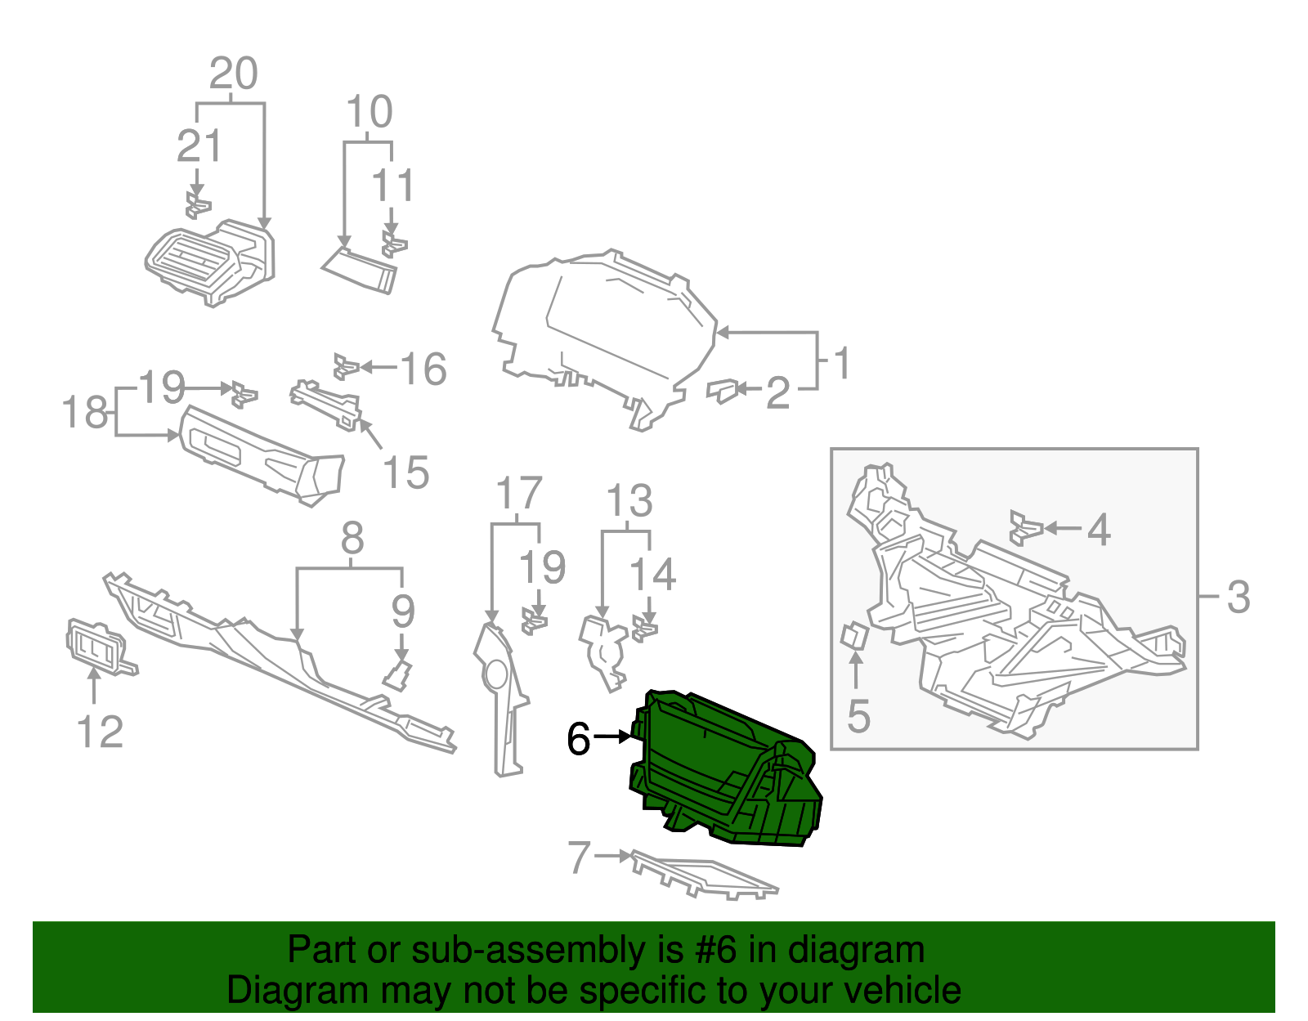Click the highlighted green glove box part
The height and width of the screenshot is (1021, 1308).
719,768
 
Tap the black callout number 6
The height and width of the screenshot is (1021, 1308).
578,740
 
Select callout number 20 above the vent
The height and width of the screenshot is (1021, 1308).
234,74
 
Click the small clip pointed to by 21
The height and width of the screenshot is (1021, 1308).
197,206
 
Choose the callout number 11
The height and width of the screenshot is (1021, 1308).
392,186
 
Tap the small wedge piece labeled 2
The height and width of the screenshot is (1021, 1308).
721,391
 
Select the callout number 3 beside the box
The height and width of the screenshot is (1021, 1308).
1238,598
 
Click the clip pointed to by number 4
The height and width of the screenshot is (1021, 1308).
1025,528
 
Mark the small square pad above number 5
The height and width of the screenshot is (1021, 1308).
854,636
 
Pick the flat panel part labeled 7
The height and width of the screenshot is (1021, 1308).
703,877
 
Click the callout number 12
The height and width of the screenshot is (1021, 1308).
100,732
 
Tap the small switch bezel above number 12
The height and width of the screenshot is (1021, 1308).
95,647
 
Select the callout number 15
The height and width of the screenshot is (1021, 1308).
405,472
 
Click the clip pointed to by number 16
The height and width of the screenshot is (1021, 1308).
345,367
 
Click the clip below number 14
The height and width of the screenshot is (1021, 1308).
645,630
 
